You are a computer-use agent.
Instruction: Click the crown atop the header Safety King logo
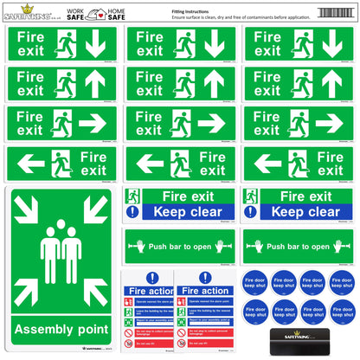(x=26, y=6)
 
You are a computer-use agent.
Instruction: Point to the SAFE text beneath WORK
(x=76, y=17)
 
